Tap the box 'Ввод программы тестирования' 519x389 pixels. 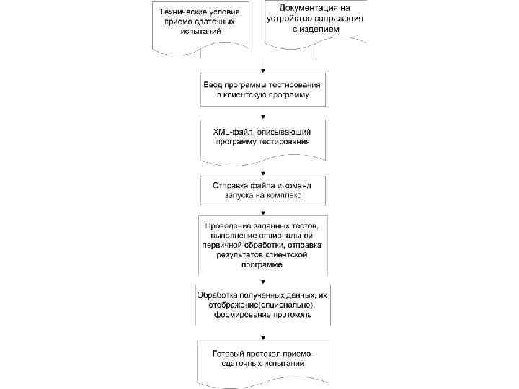tap(262, 89)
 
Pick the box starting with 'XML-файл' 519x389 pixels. tap(262, 137)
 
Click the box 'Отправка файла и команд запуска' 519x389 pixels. tap(262, 189)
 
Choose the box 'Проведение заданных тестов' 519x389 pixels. tap(262, 243)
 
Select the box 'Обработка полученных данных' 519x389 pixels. tap(262, 304)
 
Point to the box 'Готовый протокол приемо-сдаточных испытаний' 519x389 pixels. tap(262, 359)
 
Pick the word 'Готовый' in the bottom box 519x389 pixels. tap(229, 354)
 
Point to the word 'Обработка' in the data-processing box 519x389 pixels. tap(223, 295)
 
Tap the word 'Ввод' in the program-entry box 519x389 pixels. tap(214, 84)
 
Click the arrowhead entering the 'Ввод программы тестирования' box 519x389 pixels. tap(262, 70)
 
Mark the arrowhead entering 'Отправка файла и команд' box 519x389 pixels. tap(262, 173)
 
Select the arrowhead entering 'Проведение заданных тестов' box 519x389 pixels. tap(262, 212)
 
